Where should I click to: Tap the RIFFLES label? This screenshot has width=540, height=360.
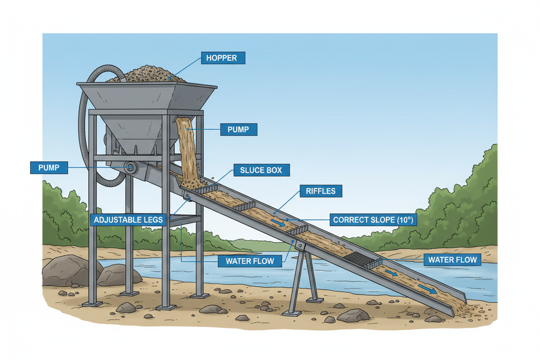[x=320, y=191]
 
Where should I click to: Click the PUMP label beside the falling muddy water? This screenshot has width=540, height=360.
[x=239, y=130]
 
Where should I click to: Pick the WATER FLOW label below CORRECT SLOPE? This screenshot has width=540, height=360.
[x=452, y=260]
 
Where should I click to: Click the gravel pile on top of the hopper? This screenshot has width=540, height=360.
[x=153, y=75]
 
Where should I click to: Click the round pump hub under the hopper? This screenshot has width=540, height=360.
[x=130, y=167]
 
